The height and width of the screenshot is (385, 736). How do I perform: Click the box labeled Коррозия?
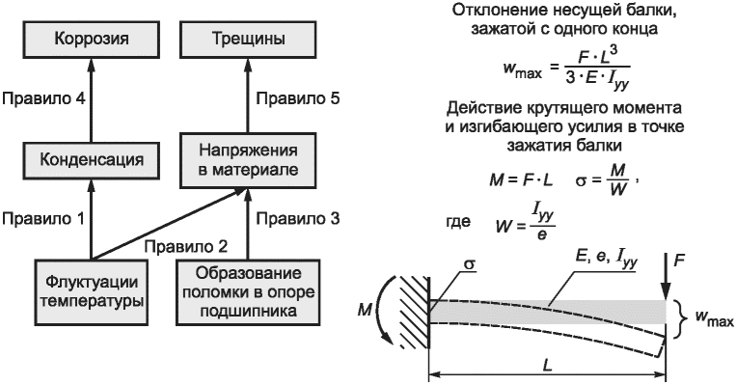click(x=92, y=38)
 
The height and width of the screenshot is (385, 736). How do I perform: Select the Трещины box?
click(x=248, y=38)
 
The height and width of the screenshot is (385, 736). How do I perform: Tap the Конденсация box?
click(x=92, y=159)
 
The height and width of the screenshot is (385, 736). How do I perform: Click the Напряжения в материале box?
click(x=248, y=159)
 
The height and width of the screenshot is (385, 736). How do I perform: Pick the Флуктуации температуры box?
click(x=92, y=292)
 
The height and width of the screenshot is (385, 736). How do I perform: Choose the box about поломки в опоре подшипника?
click(x=248, y=292)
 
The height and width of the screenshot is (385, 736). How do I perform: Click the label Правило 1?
click(x=43, y=218)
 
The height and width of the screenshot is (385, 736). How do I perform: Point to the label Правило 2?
click(x=186, y=246)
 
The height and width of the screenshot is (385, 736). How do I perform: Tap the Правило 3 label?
click(x=298, y=218)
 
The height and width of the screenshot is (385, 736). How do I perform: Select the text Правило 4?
click(x=43, y=98)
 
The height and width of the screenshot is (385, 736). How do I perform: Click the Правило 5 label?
click(x=298, y=98)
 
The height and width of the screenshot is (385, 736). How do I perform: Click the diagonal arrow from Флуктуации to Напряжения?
click(x=169, y=224)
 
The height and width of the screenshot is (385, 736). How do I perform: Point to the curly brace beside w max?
click(x=678, y=319)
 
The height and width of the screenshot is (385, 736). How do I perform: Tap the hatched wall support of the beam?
click(x=415, y=313)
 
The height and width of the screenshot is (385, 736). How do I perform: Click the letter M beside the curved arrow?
click(x=365, y=311)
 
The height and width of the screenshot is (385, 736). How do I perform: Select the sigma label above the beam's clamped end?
click(x=469, y=263)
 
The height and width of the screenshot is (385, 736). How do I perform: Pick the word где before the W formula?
click(x=458, y=222)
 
